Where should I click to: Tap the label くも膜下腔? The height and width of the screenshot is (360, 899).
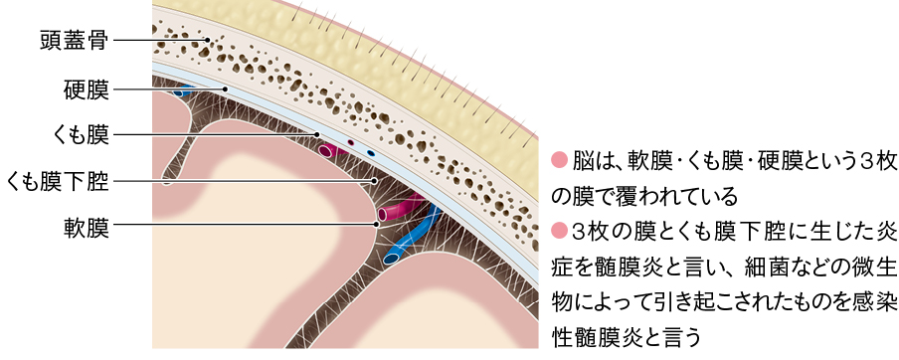point(58,182)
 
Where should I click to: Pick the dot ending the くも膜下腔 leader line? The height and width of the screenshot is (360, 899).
point(374,182)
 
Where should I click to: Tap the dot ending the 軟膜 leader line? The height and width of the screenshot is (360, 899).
point(376,226)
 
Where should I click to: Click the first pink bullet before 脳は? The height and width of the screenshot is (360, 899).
point(557,159)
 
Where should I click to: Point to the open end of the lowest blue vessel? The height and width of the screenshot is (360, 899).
point(392,258)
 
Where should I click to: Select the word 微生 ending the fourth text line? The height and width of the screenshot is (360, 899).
point(874,270)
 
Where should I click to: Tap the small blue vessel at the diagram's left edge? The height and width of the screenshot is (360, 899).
point(181,93)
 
